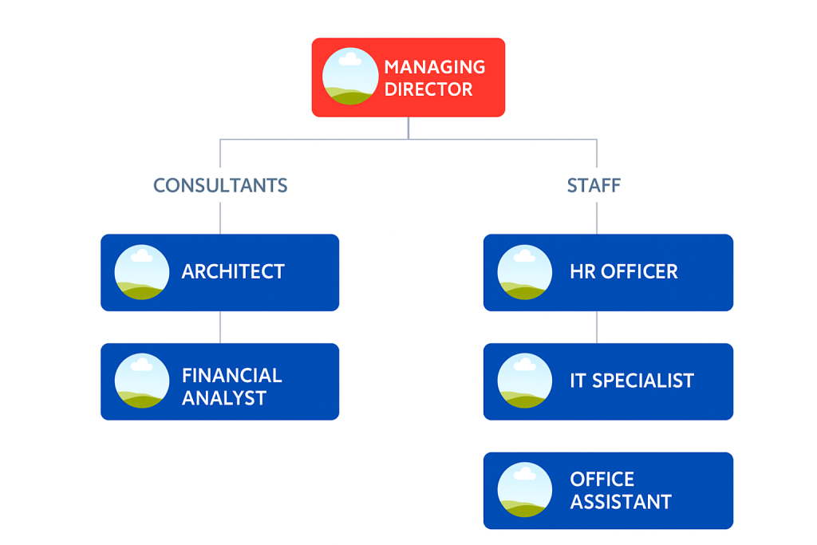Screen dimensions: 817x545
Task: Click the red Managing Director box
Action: coord(408,77)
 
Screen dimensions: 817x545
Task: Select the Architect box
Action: coord(220,273)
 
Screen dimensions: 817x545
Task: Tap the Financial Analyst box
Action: coord(220,381)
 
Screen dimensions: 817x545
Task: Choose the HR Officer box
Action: coord(608,273)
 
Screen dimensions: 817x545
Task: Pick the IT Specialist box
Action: coord(608,381)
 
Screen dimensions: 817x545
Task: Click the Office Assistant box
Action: coord(608,490)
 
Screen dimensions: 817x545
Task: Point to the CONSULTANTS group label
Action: coord(220,185)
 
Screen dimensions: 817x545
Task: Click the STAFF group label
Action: coord(594,185)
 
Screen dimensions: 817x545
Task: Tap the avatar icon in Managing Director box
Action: coord(350,77)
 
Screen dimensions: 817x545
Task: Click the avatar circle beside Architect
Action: coord(142,272)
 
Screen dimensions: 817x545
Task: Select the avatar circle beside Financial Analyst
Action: coord(142,381)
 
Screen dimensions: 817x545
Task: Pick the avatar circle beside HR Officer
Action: coord(525,272)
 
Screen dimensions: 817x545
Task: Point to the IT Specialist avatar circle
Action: coord(525,381)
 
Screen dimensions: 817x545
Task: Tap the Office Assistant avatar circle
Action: coord(525,490)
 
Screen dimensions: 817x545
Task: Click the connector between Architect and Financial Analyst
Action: coord(220,327)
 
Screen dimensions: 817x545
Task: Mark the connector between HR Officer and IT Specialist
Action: coord(597,327)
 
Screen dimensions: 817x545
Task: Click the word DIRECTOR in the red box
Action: coord(428,89)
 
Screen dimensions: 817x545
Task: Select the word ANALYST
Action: coord(224,398)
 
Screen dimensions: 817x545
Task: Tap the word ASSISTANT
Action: coord(621,502)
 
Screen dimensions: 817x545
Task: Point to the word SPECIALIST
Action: coord(643,381)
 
